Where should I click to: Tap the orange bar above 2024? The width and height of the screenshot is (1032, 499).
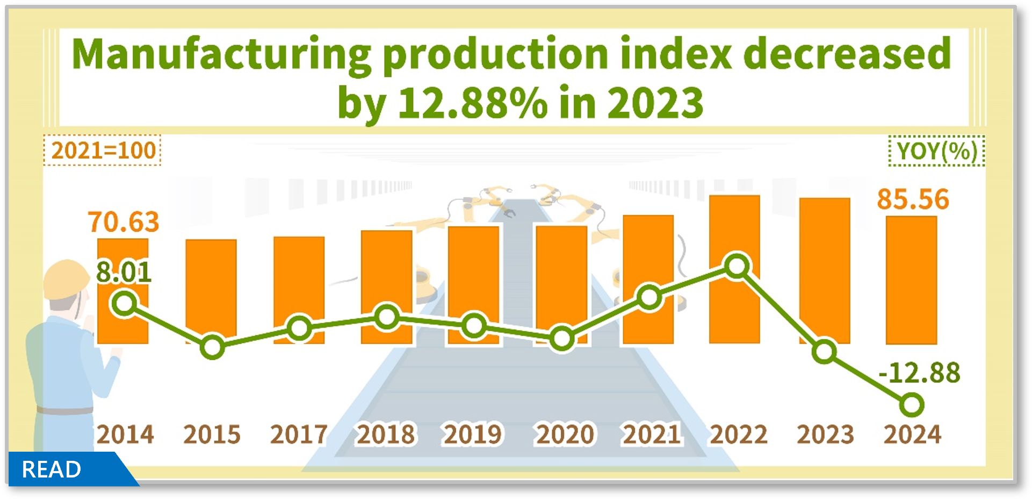(911, 280)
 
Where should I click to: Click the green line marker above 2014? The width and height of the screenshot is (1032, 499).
(124, 304)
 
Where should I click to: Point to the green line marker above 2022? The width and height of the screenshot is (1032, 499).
(737, 266)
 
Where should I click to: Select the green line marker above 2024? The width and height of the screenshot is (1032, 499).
(912, 404)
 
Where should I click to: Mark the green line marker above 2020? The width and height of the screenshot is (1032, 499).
(562, 339)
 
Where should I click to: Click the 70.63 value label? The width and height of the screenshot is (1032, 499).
(124, 222)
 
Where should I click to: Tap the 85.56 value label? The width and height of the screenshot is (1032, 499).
(913, 199)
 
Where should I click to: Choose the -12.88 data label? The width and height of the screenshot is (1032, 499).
(919, 373)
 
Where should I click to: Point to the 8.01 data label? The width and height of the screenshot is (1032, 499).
(124, 273)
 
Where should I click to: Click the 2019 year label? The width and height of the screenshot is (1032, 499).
(473, 434)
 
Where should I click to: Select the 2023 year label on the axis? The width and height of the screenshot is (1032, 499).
(825, 434)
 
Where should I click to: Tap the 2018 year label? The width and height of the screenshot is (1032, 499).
(386, 434)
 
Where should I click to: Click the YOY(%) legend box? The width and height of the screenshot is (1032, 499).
(936, 151)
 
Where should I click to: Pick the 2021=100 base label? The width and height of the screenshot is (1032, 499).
(103, 151)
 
